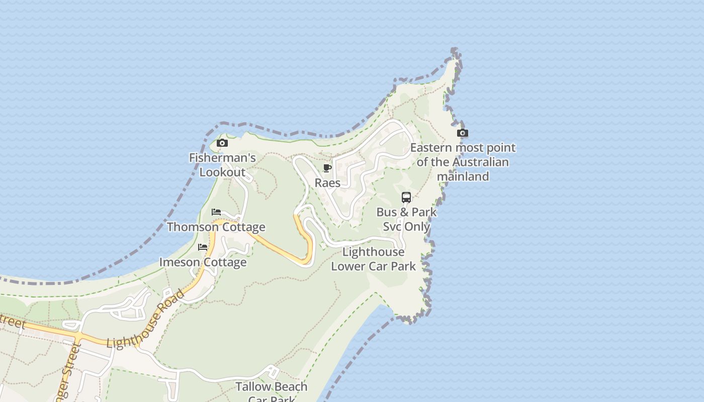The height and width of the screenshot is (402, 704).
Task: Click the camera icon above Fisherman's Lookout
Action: (222, 143)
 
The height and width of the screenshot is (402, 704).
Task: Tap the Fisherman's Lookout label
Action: (222, 165)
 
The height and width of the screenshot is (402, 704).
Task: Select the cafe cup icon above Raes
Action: (327, 168)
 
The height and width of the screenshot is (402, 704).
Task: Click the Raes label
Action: (327, 183)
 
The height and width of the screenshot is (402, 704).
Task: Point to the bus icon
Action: (406, 197)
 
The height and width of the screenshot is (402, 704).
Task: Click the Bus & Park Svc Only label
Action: (406, 219)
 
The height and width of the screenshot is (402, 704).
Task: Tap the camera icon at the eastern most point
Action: (463, 133)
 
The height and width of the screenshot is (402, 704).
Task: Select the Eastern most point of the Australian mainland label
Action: (463, 162)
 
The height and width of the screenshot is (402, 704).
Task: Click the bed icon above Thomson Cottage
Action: (216, 212)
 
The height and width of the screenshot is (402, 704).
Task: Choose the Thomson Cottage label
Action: (216, 227)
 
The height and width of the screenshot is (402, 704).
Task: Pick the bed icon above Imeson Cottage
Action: (203, 247)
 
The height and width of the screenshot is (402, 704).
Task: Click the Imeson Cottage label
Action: (203, 262)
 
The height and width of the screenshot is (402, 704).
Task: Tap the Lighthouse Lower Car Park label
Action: (373, 259)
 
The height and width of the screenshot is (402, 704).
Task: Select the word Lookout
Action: (222, 172)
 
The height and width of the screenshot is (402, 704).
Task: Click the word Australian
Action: (480, 162)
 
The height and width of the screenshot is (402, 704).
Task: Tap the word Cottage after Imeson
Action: (225, 262)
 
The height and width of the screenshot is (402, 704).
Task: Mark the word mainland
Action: (463, 176)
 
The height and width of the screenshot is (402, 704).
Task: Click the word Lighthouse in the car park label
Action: (373, 252)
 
